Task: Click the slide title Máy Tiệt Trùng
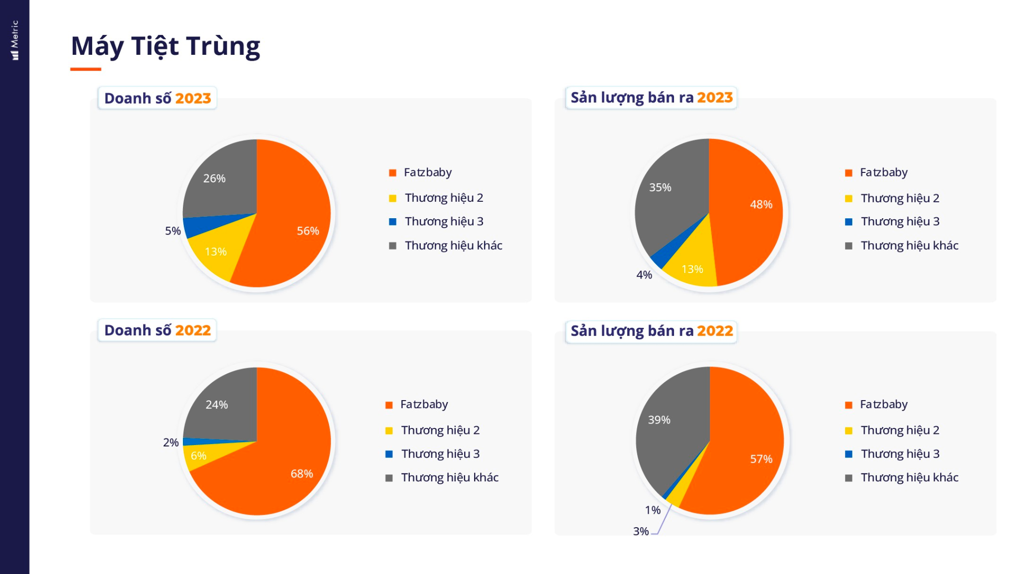pyautogui.click(x=166, y=46)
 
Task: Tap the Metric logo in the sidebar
pyautogui.click(x=15, y=40)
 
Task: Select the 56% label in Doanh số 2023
pyautogui.click(x=308, y=231)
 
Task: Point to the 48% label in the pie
pyautogui.click(x=761, y=204)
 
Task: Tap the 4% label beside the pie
pyautogui.click(x=644, y=275)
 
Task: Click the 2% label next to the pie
pyautogui.click(x=170, y=442)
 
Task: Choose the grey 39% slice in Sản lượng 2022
pyautogui.click(x=668, y=429)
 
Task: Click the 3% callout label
pyautogui.click(x=641, y=531)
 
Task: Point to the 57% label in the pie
pyautogui.click(x=761, y=459)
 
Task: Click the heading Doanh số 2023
pyautogui.click(x=158, y=98)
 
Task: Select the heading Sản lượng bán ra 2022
pyautogui.click(x=652, y=331)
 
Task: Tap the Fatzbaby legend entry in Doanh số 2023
pyautogui.click(x=427, y=172)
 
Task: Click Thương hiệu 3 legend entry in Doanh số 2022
pyautogui.click(x=440, y=454)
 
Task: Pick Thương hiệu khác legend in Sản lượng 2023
pyautogui.click(x=909, y=246)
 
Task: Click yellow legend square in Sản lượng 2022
pyautogui.click(x=849, y=430)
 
